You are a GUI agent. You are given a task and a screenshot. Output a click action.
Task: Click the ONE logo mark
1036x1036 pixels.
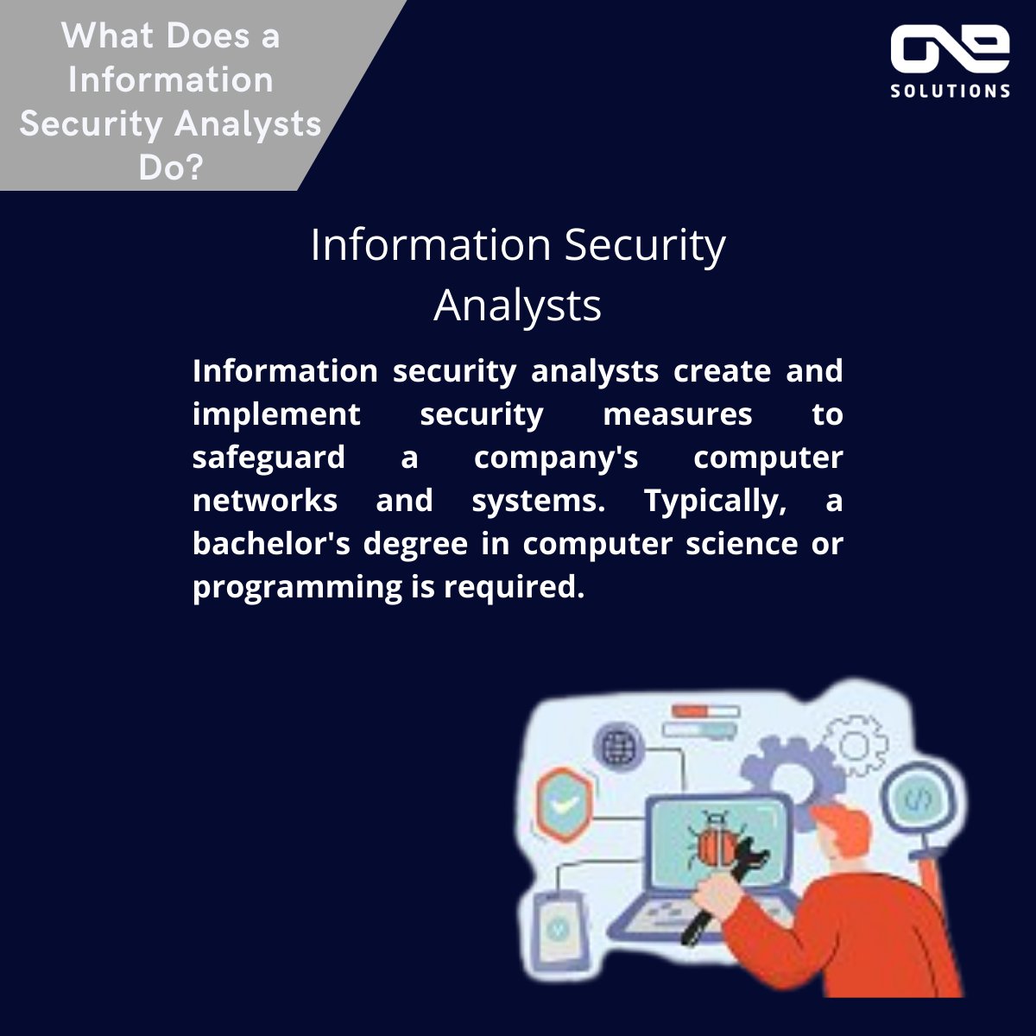pyautogui.click(x=950, y=50)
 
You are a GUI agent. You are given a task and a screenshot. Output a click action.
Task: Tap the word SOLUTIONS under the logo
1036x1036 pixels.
pyautogui.click(x=951, y=91)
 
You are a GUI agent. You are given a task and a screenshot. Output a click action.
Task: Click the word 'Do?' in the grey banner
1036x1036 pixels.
pyautogui.click(x=171, y=167)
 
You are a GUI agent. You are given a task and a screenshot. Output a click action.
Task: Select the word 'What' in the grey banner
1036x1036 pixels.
pyautogui.click(x=111, y=36)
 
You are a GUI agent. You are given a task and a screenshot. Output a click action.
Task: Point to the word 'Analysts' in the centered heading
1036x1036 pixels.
pyautogui.click(x=517, y=305)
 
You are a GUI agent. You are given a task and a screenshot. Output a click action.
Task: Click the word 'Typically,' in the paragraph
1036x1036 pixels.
pyautogui.click(x=715, y=501)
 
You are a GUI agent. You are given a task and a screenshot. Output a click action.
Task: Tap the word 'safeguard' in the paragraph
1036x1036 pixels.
pyautogui.click(x=268, y=458)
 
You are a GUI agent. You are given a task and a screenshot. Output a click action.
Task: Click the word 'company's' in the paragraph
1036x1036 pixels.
pyautogui.click(x=556, y=458)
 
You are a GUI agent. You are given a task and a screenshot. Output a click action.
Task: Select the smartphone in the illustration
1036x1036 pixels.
pyautogui.click(x=556, y=928)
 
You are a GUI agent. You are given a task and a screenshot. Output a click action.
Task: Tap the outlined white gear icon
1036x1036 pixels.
pyautogui.click(x=856, y=744)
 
